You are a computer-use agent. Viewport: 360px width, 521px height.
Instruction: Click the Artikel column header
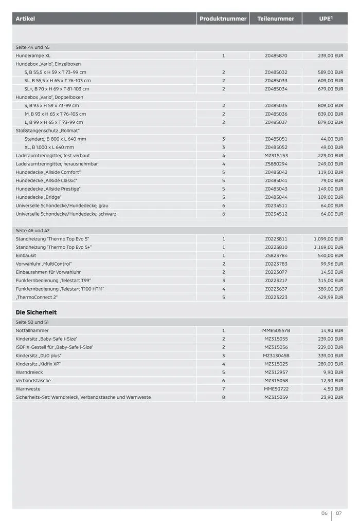pyautogui.click(x=25, y=19)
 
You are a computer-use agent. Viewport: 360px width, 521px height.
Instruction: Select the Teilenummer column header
pyautogui.click(x=276, y=19)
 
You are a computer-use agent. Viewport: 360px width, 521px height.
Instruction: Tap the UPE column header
pyautogui.click(x=325, y=19)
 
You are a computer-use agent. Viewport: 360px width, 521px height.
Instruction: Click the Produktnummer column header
pyautogui.click(x=223, y=19)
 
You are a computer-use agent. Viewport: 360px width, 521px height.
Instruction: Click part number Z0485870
pyautogui.click(x=276, y=55)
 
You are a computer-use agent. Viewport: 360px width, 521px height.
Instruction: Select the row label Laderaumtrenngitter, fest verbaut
pyautogui.click(x=53, y=156)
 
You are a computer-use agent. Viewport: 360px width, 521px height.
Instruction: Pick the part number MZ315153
pyautogui.click(x=276, y=156)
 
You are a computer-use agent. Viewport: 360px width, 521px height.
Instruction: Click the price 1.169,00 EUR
pyautogui.click(x=328, y=247)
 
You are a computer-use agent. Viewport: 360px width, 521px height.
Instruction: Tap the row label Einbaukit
pyautogui.click(x=26, y=255)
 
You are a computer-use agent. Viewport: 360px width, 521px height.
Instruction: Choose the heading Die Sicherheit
pyautogui.click(x=36, y=312)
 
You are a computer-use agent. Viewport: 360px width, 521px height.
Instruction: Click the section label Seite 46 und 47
pyautogui.click(x=33, y=231)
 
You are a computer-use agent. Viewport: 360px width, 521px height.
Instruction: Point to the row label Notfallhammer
pyautogui.click(x=32, y=330)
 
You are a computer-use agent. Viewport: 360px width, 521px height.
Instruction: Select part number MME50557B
pyautogui.click(x=276, y=330)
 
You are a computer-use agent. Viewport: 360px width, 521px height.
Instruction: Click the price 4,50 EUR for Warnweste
pyautogui.click(x=333, y=389)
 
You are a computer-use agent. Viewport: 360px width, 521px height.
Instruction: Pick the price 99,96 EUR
pyautogui.click(x=332, y=264)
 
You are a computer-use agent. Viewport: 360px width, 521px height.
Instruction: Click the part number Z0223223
pyautogui.click(x=276, y=297)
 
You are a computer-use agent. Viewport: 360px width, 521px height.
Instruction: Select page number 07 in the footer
pyautogui.click(x=339, y=513)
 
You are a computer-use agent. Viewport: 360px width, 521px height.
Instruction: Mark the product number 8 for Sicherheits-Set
pyautogui.click(x=224, y=397)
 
